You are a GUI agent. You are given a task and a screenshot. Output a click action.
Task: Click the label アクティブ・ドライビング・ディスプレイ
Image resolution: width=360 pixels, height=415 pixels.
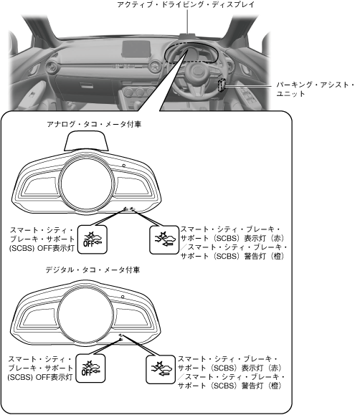[x=186, y=4]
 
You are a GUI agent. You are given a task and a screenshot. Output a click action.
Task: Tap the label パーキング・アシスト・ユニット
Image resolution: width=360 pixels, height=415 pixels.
[x=316, y=89]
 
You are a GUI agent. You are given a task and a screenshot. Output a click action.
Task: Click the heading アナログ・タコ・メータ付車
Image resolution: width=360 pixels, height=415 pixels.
[x=94, y=124]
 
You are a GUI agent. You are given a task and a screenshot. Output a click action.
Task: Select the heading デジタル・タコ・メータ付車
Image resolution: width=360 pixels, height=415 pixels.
[x=93, y=270]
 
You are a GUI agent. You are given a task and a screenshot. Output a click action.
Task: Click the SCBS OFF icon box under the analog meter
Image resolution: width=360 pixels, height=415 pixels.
[x=93, y=240]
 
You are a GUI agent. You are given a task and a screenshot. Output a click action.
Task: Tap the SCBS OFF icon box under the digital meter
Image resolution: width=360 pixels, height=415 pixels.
[x=90, y=368]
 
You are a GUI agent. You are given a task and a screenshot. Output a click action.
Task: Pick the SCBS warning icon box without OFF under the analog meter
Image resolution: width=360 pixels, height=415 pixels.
[x=164, y=240]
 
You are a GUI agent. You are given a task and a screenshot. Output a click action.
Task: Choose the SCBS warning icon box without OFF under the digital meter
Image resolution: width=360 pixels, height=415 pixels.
[x=161, y=369]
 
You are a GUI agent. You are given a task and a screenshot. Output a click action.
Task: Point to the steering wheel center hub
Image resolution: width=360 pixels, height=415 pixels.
[x=197, y=72]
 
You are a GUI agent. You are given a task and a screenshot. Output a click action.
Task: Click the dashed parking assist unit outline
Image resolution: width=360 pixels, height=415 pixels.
[x=222, y=85]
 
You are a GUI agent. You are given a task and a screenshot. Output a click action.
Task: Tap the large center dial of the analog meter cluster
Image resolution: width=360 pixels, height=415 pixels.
[x=87, y=183]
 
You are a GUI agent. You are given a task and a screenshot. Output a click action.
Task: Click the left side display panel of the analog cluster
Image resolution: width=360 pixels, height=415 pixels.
[x=39, y=186]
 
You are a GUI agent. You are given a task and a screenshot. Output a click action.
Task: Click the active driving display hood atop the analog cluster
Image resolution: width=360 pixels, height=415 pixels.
[x=86, y=140]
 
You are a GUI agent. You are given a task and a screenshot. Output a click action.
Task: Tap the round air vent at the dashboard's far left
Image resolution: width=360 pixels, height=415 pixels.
[x=52, y=66]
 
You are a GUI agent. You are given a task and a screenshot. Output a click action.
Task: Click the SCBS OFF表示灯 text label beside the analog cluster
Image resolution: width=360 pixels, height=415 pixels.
[x=42, y=239]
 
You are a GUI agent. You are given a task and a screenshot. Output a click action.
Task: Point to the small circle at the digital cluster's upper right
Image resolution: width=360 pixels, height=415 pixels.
[x=123, y=297]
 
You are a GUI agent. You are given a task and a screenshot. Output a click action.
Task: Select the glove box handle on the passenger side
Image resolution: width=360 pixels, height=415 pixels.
[x=88, y=85]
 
